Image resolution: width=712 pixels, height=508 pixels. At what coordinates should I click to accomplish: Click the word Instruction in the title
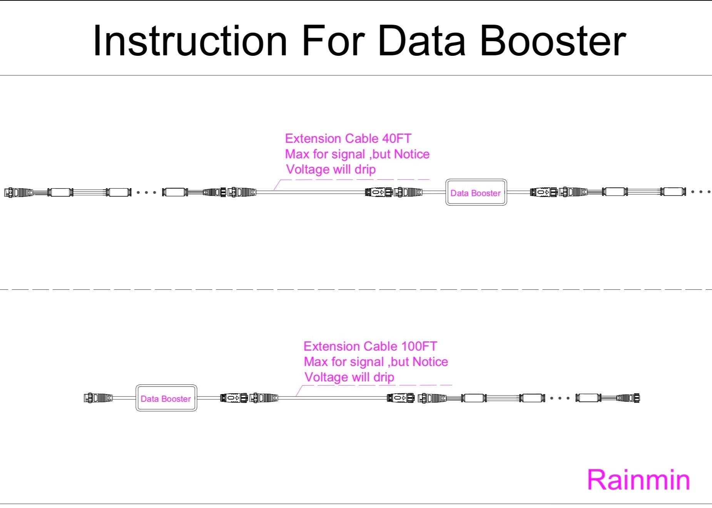[x=190, y=41]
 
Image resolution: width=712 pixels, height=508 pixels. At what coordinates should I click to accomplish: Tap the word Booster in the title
[x=553, y=41]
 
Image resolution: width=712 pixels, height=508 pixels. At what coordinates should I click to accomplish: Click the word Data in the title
[x=422, y=41]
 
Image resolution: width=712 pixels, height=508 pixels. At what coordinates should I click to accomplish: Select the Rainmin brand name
[x=638, y=480]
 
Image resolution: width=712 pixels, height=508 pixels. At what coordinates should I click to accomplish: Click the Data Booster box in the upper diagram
[x=476, y=192]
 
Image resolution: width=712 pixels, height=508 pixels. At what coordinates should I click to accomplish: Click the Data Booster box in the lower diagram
[x=166, y=398]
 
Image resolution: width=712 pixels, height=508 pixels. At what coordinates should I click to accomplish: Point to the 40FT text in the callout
[x=397, y=139]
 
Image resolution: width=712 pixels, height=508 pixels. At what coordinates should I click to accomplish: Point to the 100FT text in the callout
[x=419, y=346]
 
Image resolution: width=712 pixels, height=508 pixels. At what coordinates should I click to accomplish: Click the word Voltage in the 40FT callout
[x=308, y=169]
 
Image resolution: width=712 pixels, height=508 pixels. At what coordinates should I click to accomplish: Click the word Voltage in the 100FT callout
[x=326, y=377]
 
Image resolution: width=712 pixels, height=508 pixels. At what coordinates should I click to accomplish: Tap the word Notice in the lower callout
[x=430, y=362]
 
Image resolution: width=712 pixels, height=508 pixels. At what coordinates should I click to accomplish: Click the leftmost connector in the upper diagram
[x=18, y=192]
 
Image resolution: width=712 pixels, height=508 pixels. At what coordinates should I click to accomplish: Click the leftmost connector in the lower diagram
[x=98, y=398]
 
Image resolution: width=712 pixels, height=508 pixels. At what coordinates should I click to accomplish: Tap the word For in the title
[x=333, y=41]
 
